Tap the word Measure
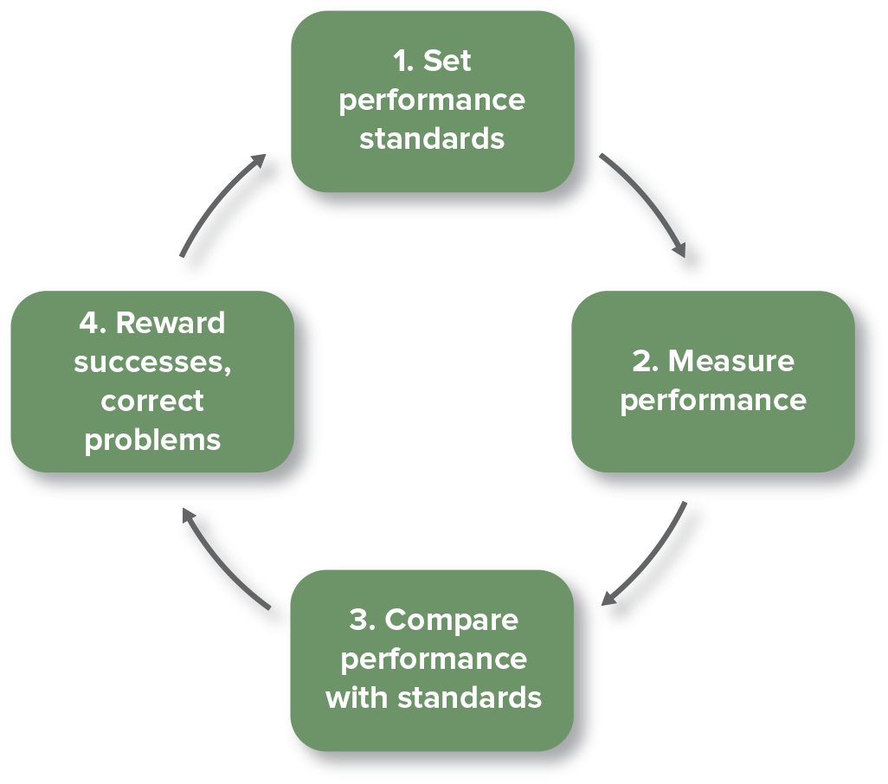pyautogui.click(x=731, y=361)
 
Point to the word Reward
pyautogui.click(x=170, y=323)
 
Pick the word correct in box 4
pyautogui.click(x=152, y=401)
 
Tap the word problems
pyautogui.click(x=152, y=440)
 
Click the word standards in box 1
pyautogui.click(x=432, y=138)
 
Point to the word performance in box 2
pyautogui.click(x=713, y=401)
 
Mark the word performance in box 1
pyautogui.click(x=432, y=100)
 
